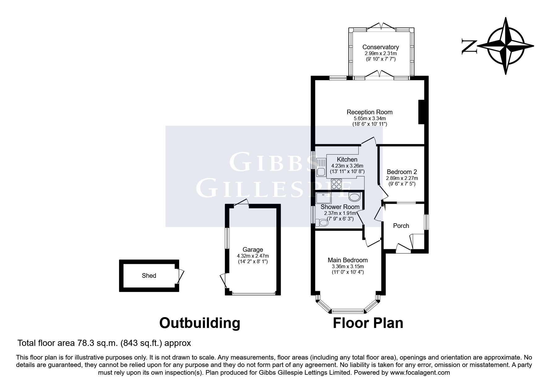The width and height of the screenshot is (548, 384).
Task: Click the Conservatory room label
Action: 380,47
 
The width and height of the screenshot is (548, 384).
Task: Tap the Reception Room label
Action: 369,112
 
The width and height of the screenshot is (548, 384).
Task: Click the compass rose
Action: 506,46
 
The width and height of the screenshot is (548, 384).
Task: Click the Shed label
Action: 149,276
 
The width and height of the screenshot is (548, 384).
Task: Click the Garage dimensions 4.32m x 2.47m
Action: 253,256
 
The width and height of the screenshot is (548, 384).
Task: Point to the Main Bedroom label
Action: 348,260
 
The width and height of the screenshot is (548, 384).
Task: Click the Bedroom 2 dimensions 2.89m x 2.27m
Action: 402,178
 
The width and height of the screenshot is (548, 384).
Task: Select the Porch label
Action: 401,226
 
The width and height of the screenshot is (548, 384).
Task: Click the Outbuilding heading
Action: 200,323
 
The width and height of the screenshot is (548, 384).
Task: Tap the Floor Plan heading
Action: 368,323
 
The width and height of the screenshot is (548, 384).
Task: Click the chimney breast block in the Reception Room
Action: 421,112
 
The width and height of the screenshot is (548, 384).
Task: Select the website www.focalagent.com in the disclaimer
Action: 420,373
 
